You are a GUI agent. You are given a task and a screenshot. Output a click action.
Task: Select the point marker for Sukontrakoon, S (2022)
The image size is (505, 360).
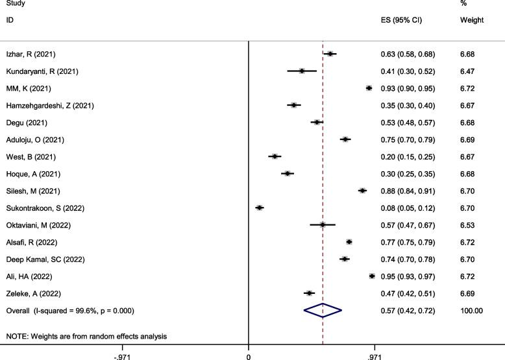point(260,208)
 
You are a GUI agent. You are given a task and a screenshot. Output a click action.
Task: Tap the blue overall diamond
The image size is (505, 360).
point(323,311)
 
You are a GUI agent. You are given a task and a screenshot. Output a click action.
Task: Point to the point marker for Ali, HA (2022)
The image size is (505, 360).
point(372,276)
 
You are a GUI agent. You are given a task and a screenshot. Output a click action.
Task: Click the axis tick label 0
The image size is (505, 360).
point(249,356)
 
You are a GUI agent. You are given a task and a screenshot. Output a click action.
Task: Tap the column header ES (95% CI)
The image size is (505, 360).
point(401,20)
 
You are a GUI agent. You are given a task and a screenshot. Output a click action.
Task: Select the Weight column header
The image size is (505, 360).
point(471,20)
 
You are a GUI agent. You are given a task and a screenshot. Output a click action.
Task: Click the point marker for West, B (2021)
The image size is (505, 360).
point(275,156)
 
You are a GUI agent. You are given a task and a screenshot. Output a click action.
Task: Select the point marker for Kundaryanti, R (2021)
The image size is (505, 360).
point(302,71)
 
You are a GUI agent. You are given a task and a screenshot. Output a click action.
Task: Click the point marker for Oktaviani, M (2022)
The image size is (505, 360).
point(322,224)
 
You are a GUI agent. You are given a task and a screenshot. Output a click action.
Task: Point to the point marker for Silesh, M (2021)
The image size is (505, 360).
point(362,190)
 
